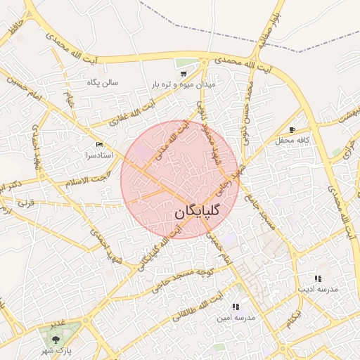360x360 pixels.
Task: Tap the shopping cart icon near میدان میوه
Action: pyautogui.click(x=184, y=73)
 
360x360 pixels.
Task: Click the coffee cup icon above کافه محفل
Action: pyautogui.click(x=292, y=129)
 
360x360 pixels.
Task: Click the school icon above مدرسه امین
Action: pyautogui.click(x=236, y=307)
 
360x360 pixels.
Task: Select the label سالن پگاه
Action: pyautogui.click(x=103, y=83)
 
